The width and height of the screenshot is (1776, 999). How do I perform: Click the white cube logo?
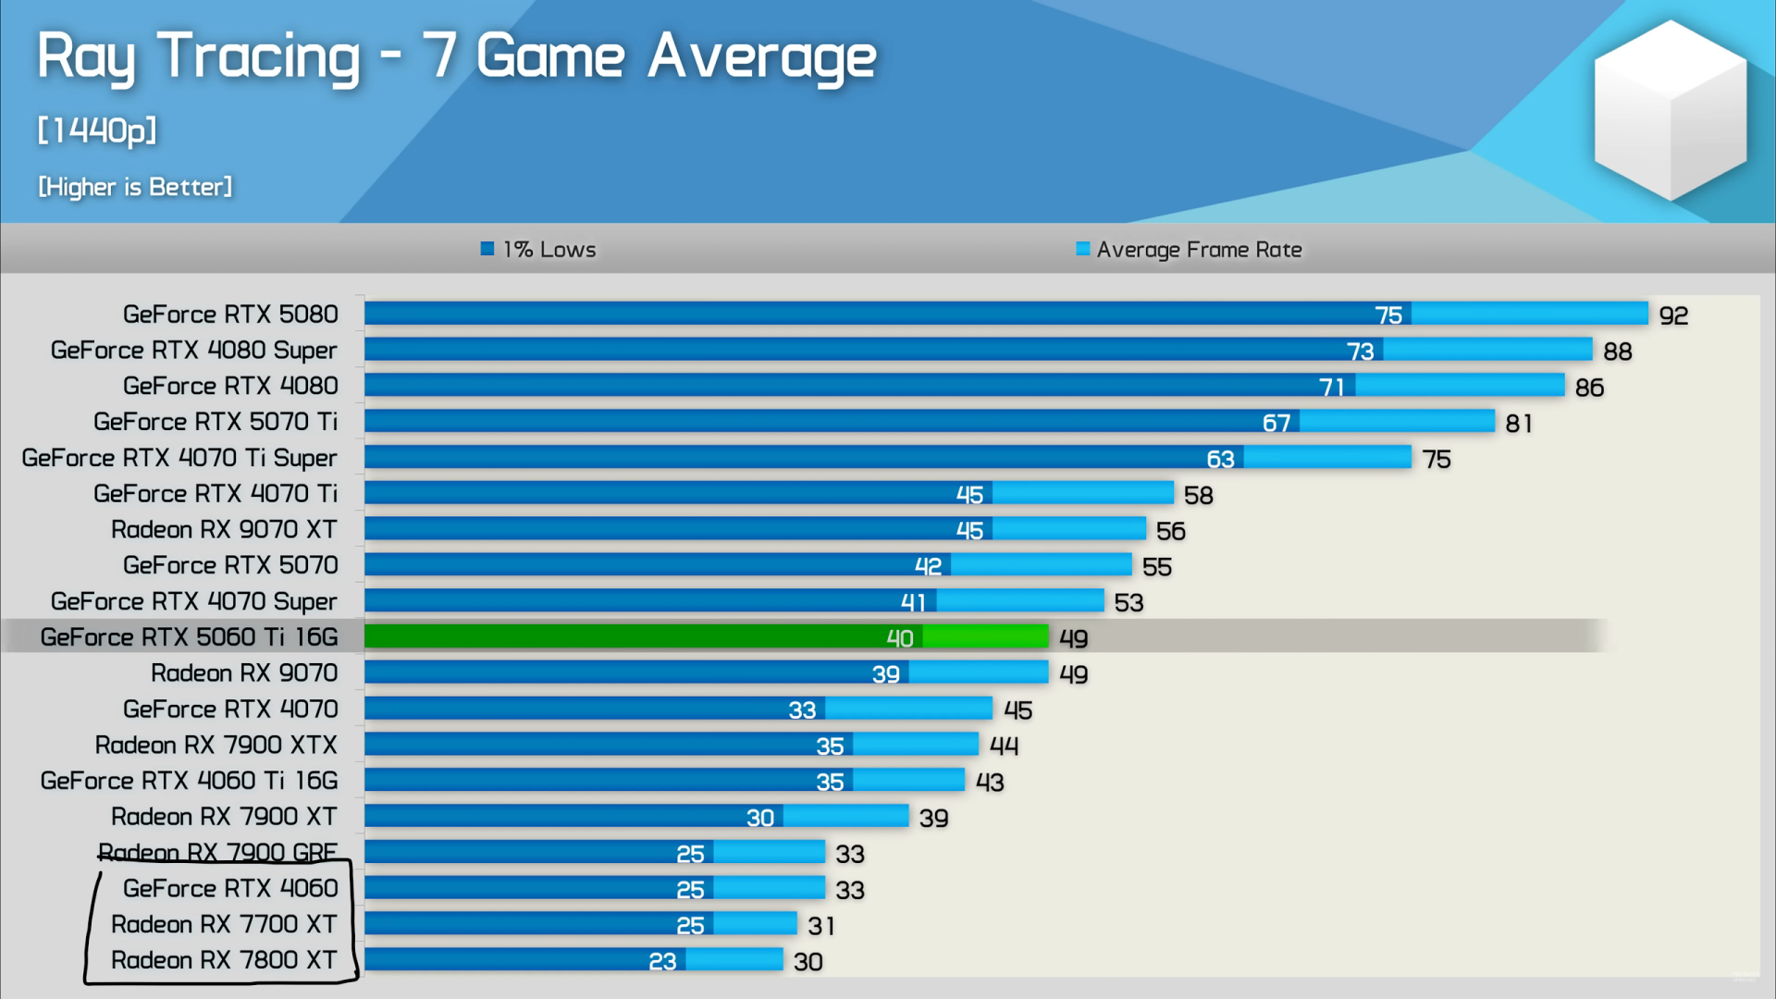[x=1671, y=111]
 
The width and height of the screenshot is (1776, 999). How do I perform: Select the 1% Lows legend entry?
[x=538, y=250]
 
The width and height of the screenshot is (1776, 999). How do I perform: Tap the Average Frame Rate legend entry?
[x=1190, y=250]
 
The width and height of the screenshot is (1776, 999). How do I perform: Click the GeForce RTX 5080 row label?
[x=230, y=314]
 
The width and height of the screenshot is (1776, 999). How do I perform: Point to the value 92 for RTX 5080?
[x=1673, y=315]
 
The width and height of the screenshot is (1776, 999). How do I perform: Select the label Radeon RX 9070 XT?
[x=224, y=529]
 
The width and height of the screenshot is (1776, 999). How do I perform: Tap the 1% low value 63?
[x=1220, y=459]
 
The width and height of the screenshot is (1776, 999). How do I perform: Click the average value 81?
[x=1519, y=423]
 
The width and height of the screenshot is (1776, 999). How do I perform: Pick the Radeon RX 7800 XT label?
[x=224, y=960]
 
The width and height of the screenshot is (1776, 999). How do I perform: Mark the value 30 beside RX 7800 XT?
[x=808, y=962]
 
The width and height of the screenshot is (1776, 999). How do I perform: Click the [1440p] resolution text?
[x=97, y=130]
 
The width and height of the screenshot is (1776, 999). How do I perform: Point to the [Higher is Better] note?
[x=135, y=187]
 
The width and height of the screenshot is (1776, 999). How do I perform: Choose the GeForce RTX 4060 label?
[x=230, y=888]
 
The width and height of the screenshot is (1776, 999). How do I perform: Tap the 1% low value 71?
[x=1331, y=387]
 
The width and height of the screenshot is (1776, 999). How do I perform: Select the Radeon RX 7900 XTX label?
[x=216, y=745]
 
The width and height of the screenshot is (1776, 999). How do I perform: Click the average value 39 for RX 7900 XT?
[x=933, y=818]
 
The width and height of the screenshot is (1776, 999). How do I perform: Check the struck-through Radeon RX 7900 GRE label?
[x=217, y=852]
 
